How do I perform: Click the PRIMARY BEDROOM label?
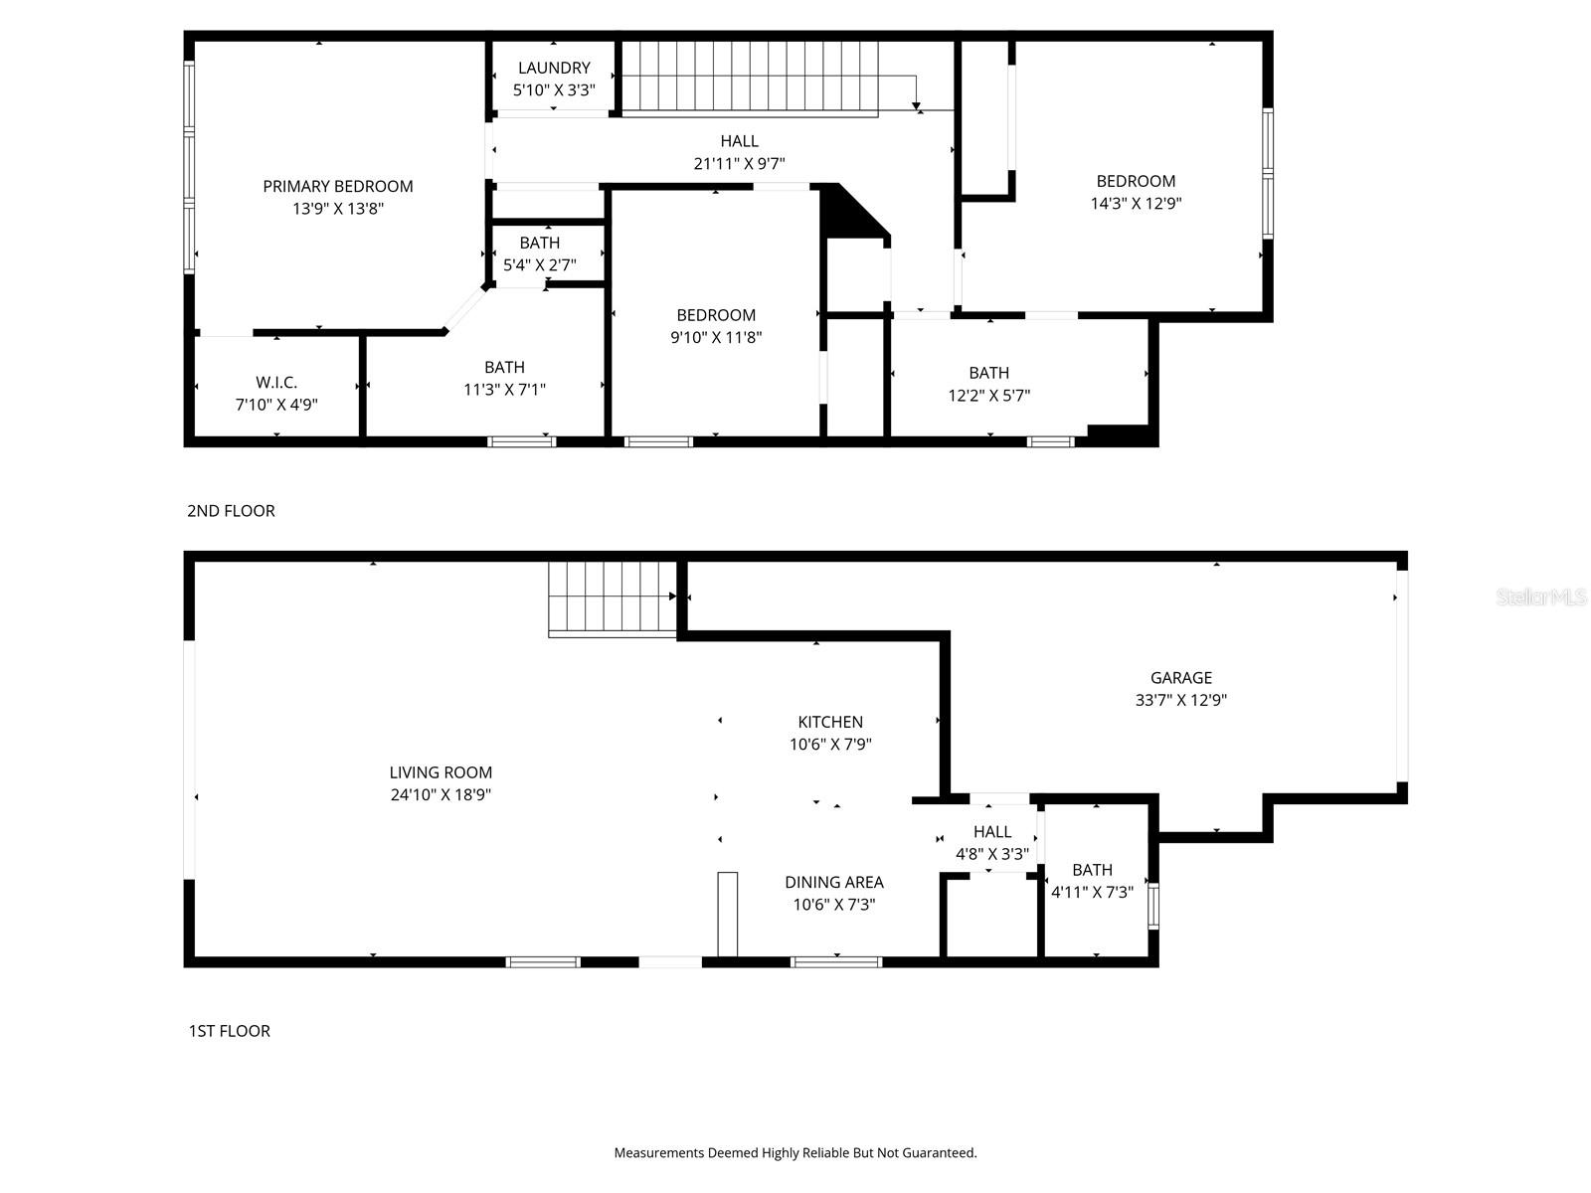(x=338, y=186)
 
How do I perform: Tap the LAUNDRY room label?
(x=554, y=68)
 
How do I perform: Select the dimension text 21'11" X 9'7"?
(x=739, y=164)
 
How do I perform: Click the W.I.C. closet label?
(x=276, y=382)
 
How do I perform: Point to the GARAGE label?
(x=1181, y=677)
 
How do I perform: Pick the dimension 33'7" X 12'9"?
(x=1181, y=700)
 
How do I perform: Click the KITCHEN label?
(x=830, y=722)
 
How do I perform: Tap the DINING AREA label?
(x=833, y=882)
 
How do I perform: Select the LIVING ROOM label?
(x=441, y=772)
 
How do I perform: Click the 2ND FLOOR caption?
(x=231, y=511)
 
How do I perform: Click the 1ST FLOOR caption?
(x=229, y=1031)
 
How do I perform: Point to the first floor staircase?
(x=612, y=596)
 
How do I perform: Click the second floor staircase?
(x=752, y=78)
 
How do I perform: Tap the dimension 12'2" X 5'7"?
(x=988, y=396)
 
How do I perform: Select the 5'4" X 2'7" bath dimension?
(x=540, y=265)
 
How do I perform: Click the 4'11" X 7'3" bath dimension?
(x=1092, y=893)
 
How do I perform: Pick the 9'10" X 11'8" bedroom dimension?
(x=716, y=338)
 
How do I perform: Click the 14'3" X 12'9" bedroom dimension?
(x=1136, y=204)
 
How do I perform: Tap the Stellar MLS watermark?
(x=1541, y=597)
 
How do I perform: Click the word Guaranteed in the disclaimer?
(x=939, y=1153)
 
